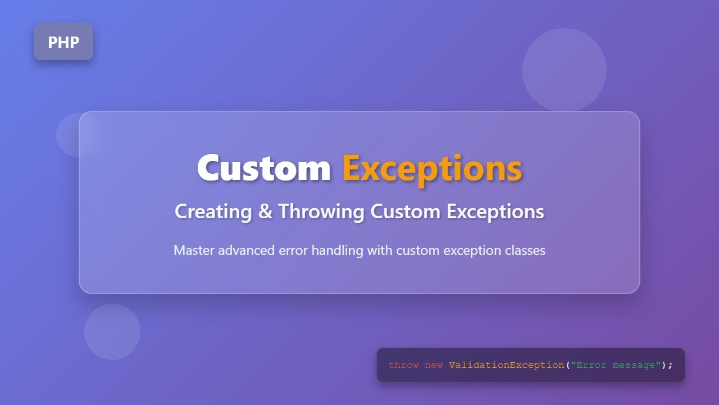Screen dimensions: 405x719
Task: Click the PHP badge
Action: click(63, 42)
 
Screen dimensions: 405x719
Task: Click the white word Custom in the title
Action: click(263, 168)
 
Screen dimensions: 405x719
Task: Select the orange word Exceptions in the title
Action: click(432, 168)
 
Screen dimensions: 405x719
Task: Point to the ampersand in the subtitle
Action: click(265, 212)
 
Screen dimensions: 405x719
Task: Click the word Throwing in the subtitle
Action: click(321, 212)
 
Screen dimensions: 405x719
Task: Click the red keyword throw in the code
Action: click(403, 365)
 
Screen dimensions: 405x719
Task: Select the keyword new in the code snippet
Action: click(434, 365)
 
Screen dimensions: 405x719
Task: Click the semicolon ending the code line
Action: click(670, 365)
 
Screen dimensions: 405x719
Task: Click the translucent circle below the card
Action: click(112, 332)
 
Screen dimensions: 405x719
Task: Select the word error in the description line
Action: click(294, 250)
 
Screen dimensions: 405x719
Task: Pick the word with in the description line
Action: click(380, 250)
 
